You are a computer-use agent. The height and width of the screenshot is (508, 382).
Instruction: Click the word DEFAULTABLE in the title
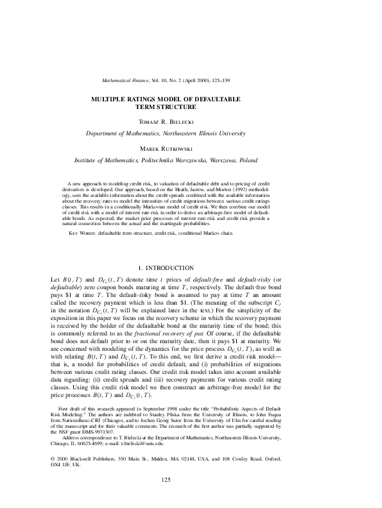pos(215,99)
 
